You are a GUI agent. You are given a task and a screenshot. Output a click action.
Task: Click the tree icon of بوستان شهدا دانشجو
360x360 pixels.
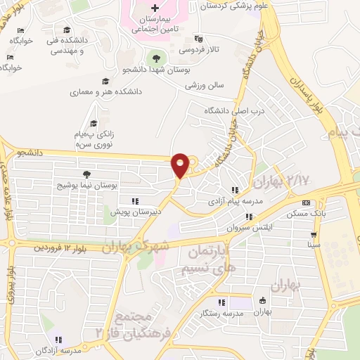point(156,58)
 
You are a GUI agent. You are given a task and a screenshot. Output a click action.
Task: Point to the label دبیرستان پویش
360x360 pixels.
point(131,211)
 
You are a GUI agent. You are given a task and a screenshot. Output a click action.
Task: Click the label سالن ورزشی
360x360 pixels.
point(204,84)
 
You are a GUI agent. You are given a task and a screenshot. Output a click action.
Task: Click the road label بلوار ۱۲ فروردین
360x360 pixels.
point(62,248)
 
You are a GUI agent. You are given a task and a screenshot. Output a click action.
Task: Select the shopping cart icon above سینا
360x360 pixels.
point(313,235)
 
